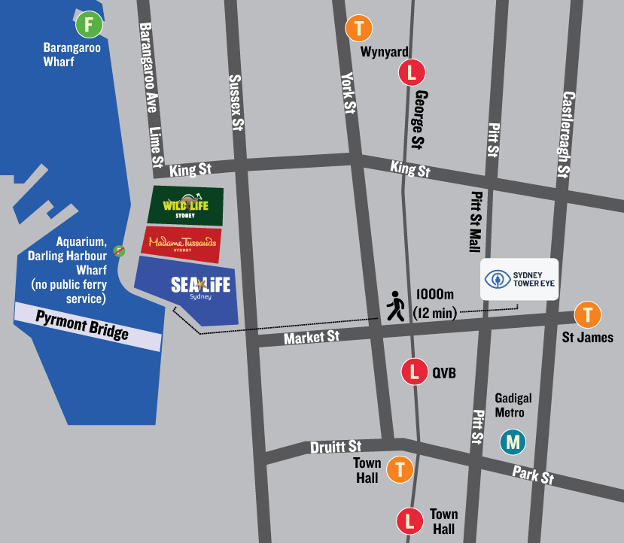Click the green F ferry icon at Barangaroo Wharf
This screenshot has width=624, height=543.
(89, 25)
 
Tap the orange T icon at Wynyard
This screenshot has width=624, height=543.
(358, 29)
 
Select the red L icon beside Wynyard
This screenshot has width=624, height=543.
(412, 73)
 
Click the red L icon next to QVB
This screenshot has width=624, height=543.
(413, 371)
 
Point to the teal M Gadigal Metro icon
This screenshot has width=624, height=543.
(514, 441)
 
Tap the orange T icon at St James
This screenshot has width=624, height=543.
(587, 314)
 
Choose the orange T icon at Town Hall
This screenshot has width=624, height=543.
(400, 470)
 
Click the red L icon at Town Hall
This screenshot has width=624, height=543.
(410, 520)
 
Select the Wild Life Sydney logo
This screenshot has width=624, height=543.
(186, 205)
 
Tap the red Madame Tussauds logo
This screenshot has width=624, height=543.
(182, 244)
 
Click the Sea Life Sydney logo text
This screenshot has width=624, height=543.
(199, 287)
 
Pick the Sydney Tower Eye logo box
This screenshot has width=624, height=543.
(520, 279)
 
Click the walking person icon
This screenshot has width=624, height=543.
(394, 307)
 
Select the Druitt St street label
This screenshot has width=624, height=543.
(336, 447)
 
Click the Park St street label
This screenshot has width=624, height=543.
(533, 475)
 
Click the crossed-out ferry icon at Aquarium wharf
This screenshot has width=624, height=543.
(119, 250)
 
